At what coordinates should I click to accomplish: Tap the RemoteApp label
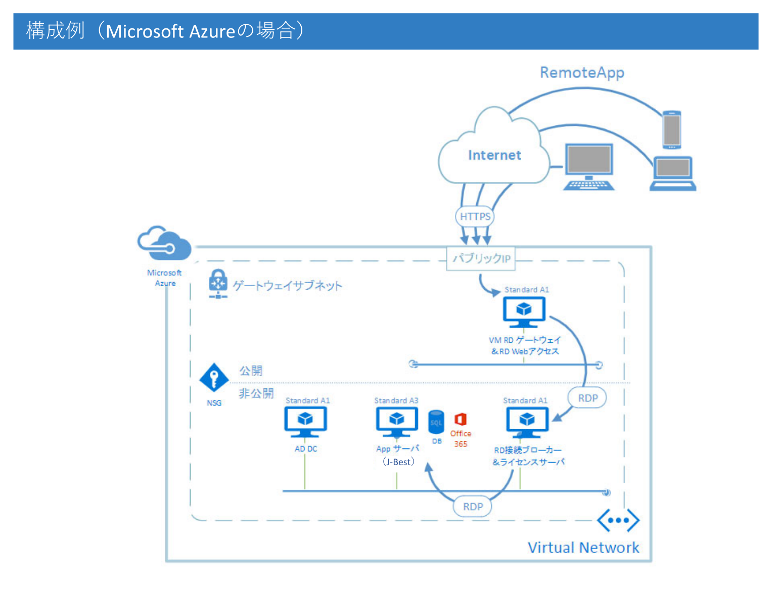(582, 73)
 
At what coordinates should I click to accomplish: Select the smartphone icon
(672, 130)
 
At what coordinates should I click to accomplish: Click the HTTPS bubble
(475, 216)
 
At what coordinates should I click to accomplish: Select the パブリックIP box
(481, 258)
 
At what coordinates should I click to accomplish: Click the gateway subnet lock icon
(218, 283)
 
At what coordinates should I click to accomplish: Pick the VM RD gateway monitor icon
(524, 311)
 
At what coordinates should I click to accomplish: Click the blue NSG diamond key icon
(214, 378)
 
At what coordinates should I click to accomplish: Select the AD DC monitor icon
(305, 421)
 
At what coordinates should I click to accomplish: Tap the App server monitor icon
(397, 421)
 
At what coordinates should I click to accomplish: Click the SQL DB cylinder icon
(436, 422)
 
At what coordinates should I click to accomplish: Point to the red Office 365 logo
(460, 420)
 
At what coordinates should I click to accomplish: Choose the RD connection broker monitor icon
(527, 422)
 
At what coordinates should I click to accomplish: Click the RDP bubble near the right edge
(587, 398)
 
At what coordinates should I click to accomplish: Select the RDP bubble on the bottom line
(473, 507)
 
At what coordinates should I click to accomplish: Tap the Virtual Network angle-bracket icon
(618, 520)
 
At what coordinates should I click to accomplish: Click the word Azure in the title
(212, 31)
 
